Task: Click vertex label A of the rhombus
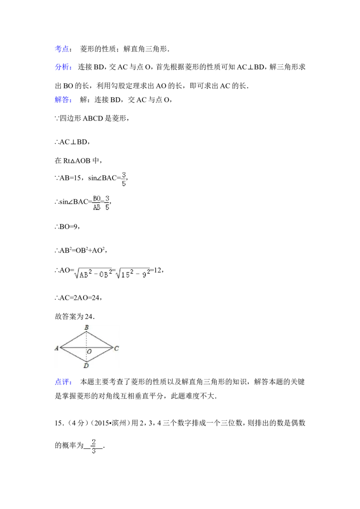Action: click(57, 348)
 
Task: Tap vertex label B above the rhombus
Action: click(86, 327)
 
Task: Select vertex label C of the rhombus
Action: click(116, 348)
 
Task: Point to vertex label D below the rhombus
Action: click(85, 367)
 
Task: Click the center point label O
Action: click(89, 352)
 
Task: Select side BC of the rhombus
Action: click(100, 340)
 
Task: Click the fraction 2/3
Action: click(94, 446)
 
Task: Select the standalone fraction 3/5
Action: click(123, 179)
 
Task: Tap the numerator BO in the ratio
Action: click(96, 198)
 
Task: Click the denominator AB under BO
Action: click(96, 207)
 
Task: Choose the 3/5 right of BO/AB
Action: click(108, 203)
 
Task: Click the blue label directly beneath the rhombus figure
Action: click(63, 383)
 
